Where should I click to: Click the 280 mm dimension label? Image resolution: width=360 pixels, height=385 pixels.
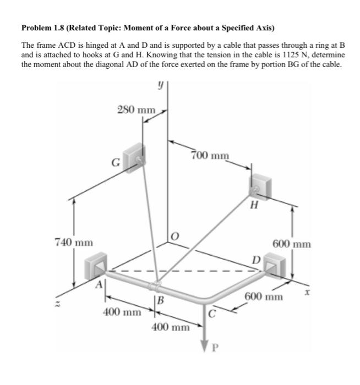(x=137, y=109)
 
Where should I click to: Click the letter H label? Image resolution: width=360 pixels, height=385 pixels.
(x=254, y=206)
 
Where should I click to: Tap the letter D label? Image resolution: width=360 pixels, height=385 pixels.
(x=256, y=259)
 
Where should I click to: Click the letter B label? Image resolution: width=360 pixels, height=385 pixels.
(x=160, y=301)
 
